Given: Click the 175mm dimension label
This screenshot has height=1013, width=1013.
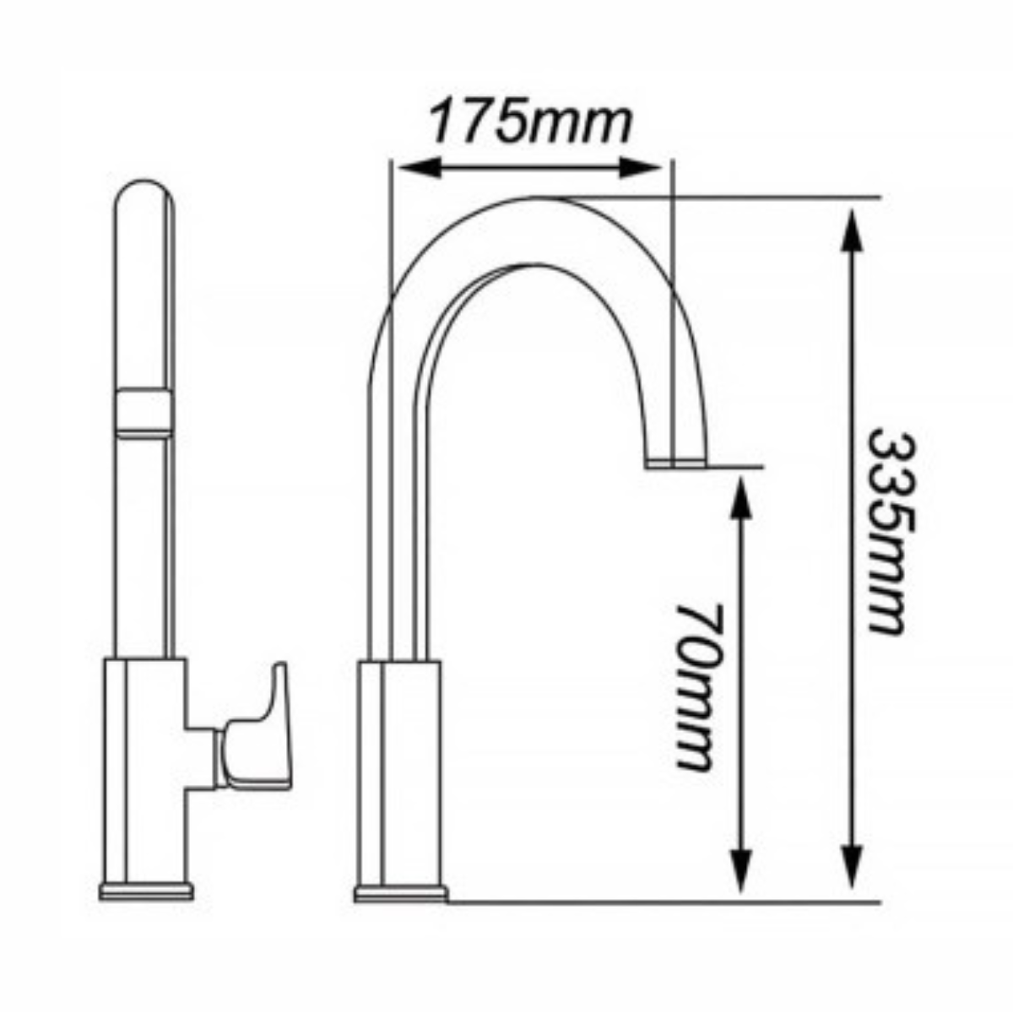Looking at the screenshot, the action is coord(530,124).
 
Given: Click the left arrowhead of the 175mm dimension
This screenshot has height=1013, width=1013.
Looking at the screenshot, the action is coord(421,167).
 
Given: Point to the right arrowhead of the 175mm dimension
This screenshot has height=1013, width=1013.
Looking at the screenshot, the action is coord(639,167).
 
